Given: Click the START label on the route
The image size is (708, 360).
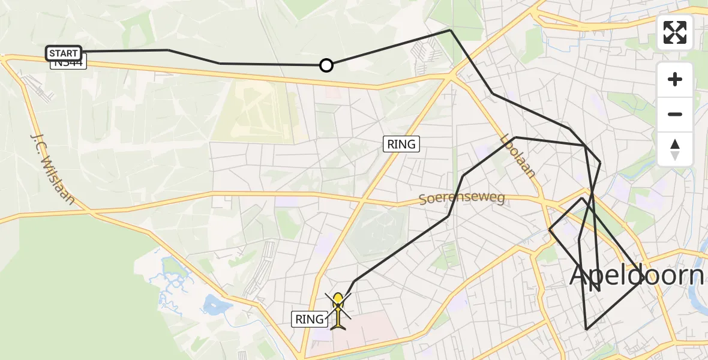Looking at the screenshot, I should coord(64,53).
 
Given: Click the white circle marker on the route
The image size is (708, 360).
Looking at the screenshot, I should coord(326,65).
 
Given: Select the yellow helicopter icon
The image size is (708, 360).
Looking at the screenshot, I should coord(338,310).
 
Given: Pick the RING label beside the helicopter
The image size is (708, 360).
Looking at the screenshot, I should coord(310,319).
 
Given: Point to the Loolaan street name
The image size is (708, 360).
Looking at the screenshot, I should coord(518,155).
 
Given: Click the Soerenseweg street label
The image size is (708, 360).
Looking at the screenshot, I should coord(462,197).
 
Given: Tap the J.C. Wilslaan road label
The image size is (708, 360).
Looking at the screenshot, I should coord(52,169).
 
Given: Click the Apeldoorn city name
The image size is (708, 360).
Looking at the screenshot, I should coord(636,275).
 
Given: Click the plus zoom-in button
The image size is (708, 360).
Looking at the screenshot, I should coord(675,79).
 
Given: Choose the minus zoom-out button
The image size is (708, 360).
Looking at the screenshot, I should coord(675,114).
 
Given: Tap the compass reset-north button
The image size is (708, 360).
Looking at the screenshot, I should coord(675,149).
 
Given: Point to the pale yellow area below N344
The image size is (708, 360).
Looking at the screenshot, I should coord(255,111).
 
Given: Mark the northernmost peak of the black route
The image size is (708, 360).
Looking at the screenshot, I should coord(450,30).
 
